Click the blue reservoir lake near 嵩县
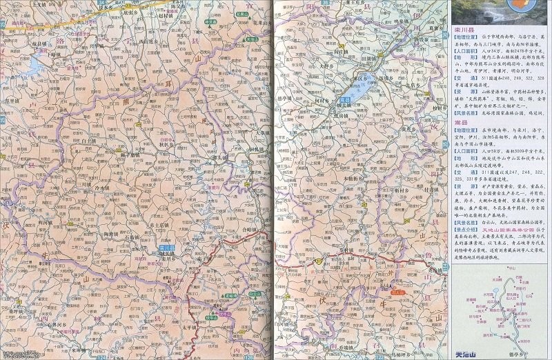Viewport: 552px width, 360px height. [x=357, y=90]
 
